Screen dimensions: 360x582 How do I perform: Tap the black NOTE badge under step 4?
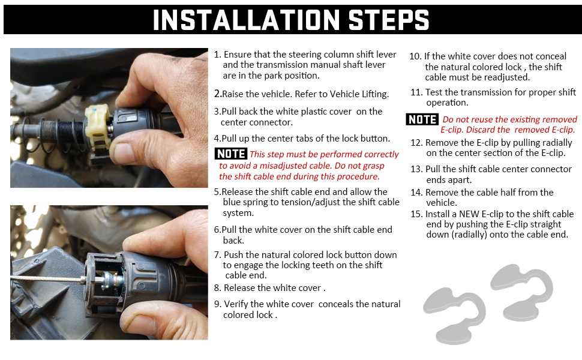[231, 154]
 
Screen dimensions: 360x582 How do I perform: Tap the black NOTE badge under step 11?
[422, 119]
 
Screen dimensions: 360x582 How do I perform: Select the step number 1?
[217, 55]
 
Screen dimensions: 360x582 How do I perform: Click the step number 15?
[416, 214]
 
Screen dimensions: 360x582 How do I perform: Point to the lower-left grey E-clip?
[454, 314]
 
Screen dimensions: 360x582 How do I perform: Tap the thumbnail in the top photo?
[130, 151]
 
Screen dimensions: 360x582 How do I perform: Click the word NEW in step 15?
[471, 214]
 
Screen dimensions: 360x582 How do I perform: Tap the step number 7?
[217, 255]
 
